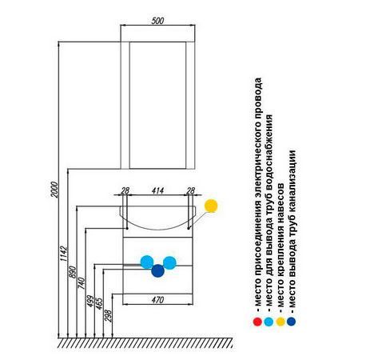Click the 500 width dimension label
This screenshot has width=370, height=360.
coord(157,21)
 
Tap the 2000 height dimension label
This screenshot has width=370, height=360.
coord(54,190)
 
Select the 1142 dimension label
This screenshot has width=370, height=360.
coord(63,254)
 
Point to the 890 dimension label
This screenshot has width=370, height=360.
coord(73,272)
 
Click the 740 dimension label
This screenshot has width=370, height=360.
coord(82,283)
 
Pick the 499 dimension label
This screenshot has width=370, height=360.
coord(90,301)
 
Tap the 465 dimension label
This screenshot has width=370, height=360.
coord(99,303)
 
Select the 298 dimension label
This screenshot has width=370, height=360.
coord(109,315)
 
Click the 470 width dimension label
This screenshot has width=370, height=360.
coord(157,300)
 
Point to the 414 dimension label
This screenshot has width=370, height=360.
coord(157,190)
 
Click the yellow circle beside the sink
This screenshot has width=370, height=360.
coord(211,206)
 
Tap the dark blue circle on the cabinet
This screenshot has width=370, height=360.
coord(157,270)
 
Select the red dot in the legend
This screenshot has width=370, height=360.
coord(257,322)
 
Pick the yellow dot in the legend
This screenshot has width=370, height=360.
coord(280,322)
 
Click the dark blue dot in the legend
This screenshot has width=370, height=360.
coord(291,322)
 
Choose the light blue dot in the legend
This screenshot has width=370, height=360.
coord(269,322)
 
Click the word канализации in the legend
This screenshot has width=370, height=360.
coord(292,181)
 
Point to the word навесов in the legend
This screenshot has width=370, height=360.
coord(280,203)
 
